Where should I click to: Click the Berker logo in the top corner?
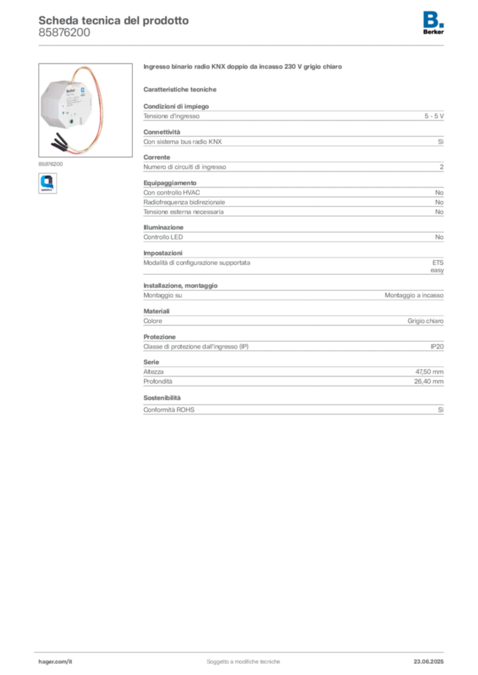click(433, 23)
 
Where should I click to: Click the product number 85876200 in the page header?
click(64, 33)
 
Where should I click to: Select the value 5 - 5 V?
click(434, 116)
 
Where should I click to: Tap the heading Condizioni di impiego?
click(176, 106)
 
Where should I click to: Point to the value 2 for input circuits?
click(442, 167)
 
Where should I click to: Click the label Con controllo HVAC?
click(172, 192)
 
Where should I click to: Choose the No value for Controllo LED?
click(439, 237)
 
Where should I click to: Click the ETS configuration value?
click(438, 262)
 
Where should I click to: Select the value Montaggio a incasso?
click(414, 295)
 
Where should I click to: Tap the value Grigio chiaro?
click(425, 321)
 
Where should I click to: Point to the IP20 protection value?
click(437, 347)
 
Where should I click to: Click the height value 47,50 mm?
click(429, 372)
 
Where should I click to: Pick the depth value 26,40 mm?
click(429, 382)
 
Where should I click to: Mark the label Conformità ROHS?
click(169, 410)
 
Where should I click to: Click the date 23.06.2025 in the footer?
click(428, 662)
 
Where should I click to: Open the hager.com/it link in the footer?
click(55, 662)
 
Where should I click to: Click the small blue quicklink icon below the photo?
click(48, 183)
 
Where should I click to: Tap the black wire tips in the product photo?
click(59, 142)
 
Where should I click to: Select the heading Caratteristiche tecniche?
click(180, 90)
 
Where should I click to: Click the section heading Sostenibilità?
click(162, 398)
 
